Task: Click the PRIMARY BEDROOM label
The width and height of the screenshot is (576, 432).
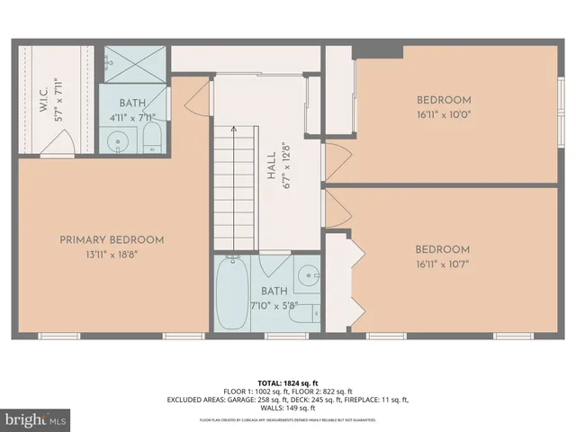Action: tap(112, 239)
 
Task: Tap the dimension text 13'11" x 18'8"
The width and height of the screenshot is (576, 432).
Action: tap(112, 255)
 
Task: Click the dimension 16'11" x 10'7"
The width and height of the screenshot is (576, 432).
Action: tap(443, 265)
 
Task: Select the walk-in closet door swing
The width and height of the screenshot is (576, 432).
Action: tap(61, 142)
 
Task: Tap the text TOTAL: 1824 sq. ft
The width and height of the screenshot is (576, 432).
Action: tap(288, 382)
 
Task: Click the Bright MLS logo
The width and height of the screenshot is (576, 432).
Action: tap(36, 418)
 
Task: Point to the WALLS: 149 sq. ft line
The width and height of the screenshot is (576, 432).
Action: tap(288, 407)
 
